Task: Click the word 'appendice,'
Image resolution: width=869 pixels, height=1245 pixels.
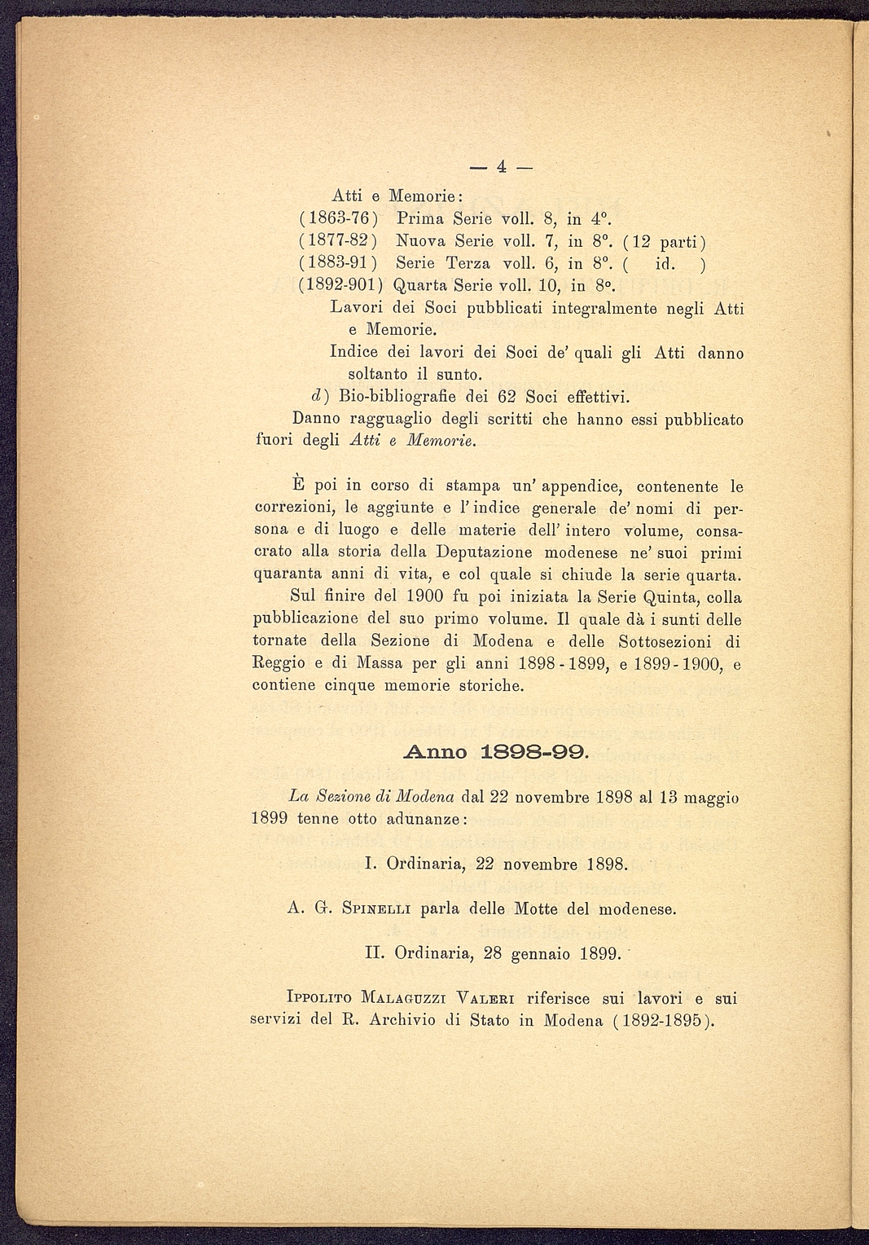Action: click(x=582, y=487)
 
